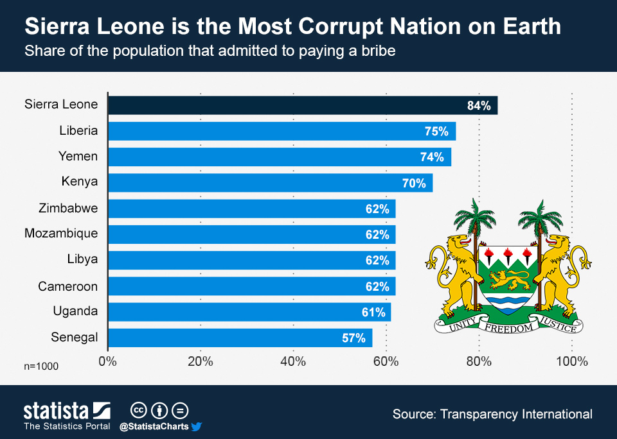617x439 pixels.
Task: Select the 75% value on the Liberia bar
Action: coord(436,131)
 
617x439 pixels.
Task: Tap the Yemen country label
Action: coord(78,157)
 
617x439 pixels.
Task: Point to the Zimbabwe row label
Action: coord(68,208)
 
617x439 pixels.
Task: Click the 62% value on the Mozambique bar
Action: coord(377,235)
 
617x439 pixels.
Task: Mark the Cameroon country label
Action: coord(67,286)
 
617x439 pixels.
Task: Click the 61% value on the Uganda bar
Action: coord(373,313)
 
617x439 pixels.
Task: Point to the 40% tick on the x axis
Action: coord(293,361)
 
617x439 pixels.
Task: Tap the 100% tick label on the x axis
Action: coord(571,361)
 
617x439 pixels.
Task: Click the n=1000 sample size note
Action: coord(41,366)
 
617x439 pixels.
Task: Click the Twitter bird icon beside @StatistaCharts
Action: coord(197,426)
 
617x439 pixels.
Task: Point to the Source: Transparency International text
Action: coord(492,414)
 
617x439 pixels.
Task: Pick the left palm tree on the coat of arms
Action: coord(475,221)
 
